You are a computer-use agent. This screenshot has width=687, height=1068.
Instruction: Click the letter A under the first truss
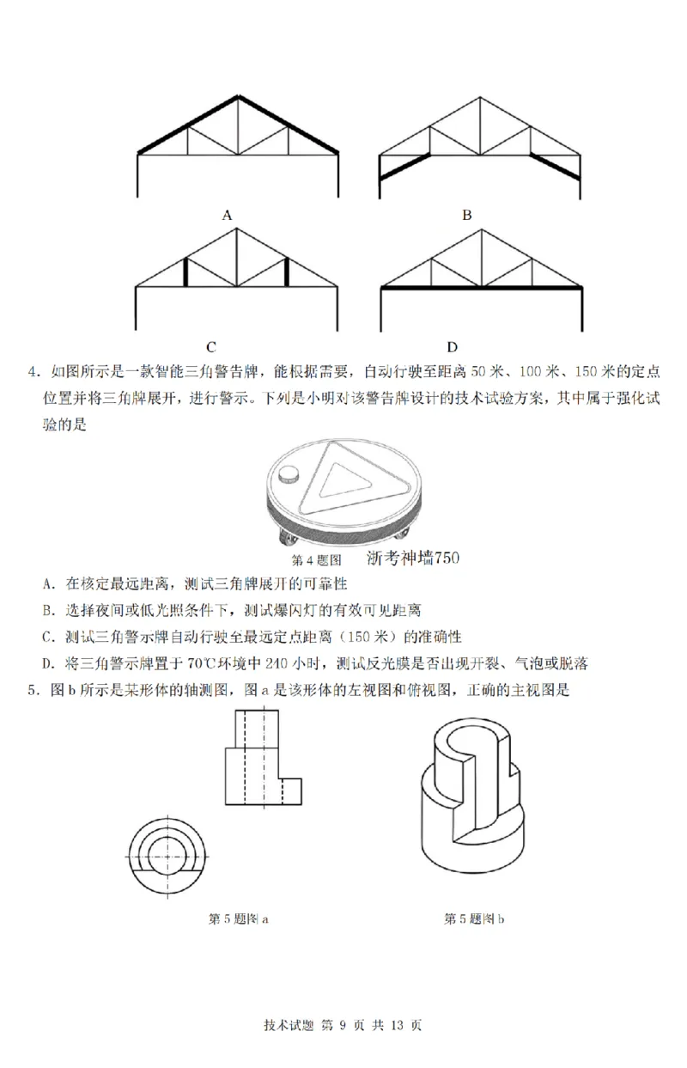click(x=228, y=215)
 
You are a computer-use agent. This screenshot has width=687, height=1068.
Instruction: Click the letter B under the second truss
click(x=467, y=215)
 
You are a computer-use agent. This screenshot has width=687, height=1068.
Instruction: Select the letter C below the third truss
click(x=210, y=347)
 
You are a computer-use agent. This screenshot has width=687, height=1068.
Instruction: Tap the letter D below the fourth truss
click(x=453, y=347)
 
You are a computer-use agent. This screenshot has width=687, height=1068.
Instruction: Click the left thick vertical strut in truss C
click(x=185, y=272)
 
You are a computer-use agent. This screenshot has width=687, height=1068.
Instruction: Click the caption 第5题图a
click(x=239, y=918)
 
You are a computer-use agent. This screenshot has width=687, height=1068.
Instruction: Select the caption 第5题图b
click(x=474, y=918)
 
